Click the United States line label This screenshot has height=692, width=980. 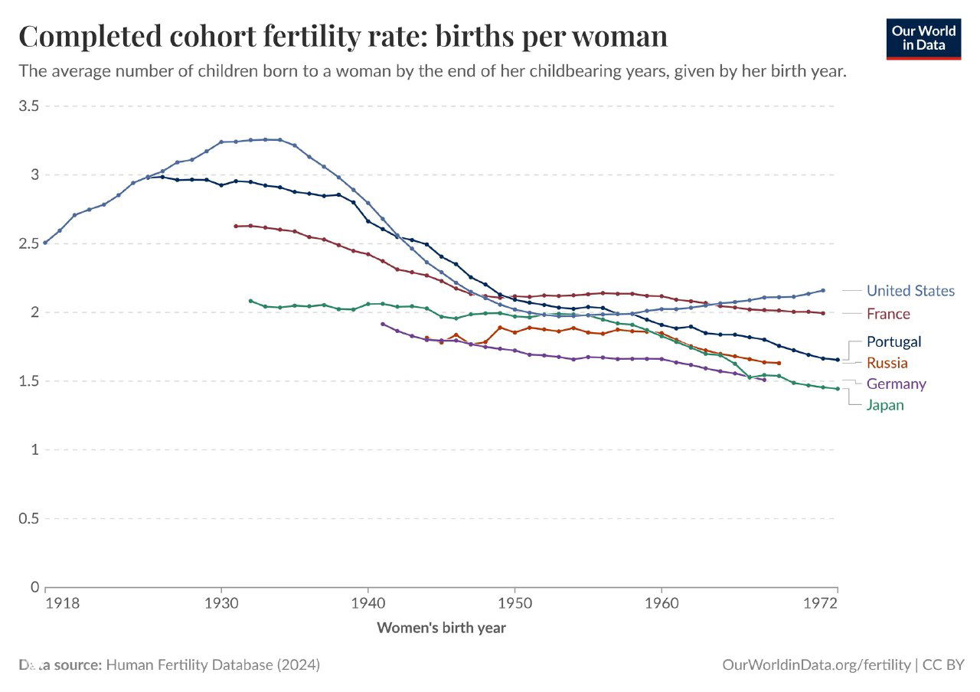pyautogui.click(x=910, y=291)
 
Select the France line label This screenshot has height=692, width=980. pyautogui.click(x=888, y=314)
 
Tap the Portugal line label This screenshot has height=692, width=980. pyautogui.click(x=893, y=341)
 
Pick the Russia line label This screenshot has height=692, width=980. pyautogui.click(x=887, y=363)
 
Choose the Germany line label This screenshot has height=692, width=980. pyautogui.click(x=896, y=384)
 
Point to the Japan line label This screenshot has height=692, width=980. pyautogui.click(x=885, y=405)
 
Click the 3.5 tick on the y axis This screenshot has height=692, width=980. pyautogui.click(x=29, y=106)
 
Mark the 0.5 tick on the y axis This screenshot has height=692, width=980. pyautogui.click(x=29, y=518)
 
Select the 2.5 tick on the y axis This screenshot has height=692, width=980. pyautogui.click(x=29, y=243)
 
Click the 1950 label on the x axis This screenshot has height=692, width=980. pyautogui.click(x=514, y=603)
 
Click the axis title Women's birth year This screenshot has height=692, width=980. pyautogui.click(x=441, y=628)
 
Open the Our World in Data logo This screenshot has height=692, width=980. pyautogui.click(x=923, y=38)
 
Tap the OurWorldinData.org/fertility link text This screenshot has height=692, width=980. pyautogui.click(x=816, y=664)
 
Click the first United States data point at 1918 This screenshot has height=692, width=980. pyautogui.click(x=45, y=243)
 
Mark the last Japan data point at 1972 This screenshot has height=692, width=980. pyautogui.click(x=838, y=389)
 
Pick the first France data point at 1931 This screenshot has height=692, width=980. pyautogui.click(x=236, y=226)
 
